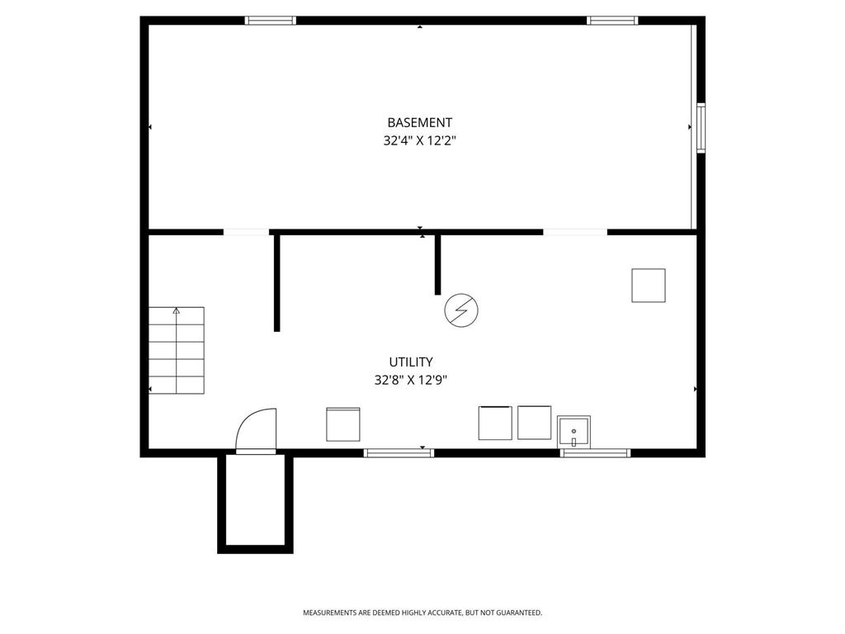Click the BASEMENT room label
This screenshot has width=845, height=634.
click(419, 122)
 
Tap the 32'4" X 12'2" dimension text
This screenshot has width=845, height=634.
click(419, 140)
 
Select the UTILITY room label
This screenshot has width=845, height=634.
click(411, 362)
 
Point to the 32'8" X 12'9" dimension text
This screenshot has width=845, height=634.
click(411, 380)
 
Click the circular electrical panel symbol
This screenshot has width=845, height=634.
click(461, 310)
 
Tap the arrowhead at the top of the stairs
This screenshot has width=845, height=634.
click(177, 310)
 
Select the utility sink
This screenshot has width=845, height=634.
click(574, 432)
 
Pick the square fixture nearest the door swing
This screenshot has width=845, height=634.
click(343, 424)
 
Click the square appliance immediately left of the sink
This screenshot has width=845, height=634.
click(535, 423)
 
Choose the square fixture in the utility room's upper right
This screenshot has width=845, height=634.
click(649, 285)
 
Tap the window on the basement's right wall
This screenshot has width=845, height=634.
click(701, 128)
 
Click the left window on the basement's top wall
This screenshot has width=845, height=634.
click(271, 21)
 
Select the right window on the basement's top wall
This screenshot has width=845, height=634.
click(612, 21)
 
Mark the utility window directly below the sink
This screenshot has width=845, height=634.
click(595, 453)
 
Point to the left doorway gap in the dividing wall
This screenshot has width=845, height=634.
click(246, 232)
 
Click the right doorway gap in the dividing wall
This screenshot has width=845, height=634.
click(575, 232)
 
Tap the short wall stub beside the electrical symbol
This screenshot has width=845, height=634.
click(437, 265)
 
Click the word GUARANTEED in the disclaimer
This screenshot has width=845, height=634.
click(519, 613)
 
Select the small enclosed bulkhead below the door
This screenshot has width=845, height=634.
click(255, 504)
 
